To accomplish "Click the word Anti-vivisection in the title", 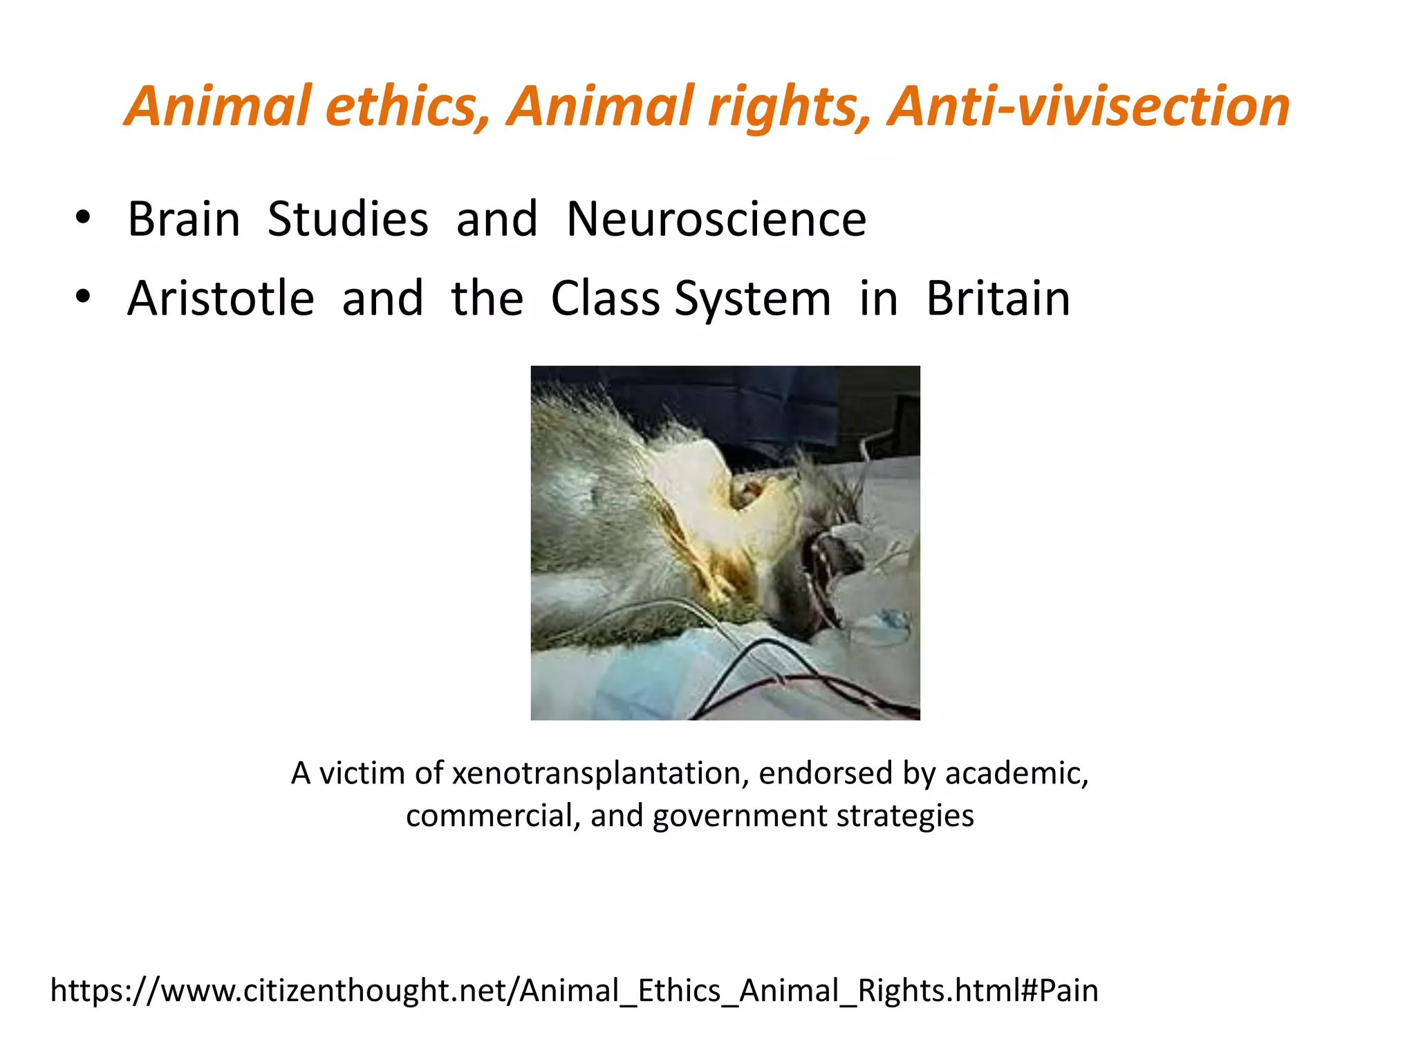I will coord(1089,106).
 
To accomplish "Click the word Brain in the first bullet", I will coord(184,219).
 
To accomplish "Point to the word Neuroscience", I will coord(716,219).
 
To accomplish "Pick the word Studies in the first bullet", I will coord(348,219).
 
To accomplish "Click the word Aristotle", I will coord(221,299).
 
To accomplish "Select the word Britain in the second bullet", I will coord(998,299).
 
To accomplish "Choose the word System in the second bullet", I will coord(752,300).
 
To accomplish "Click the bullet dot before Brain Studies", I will coord(83,218).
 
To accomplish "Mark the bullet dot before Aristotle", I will coord(83,298).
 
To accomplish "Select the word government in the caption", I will coord(740,817).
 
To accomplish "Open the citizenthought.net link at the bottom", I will coord(574,990).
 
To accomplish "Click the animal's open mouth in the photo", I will coord(826,574).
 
